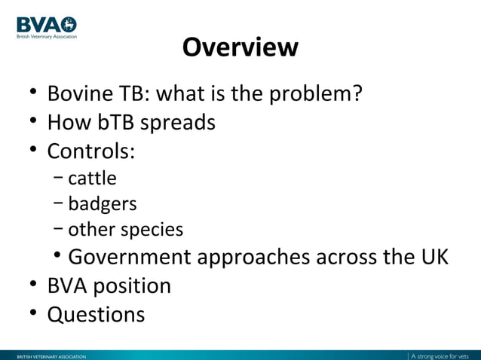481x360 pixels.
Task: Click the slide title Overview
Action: [240, 47]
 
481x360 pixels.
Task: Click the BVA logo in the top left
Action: [46, 26]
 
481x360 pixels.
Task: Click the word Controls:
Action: [91, 151]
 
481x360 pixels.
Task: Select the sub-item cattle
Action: [92, 178]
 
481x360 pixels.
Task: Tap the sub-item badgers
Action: [103, 204]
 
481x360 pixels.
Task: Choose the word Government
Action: [130, 257]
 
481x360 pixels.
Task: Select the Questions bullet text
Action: [96, 314]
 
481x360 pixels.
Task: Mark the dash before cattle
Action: [59, 178]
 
